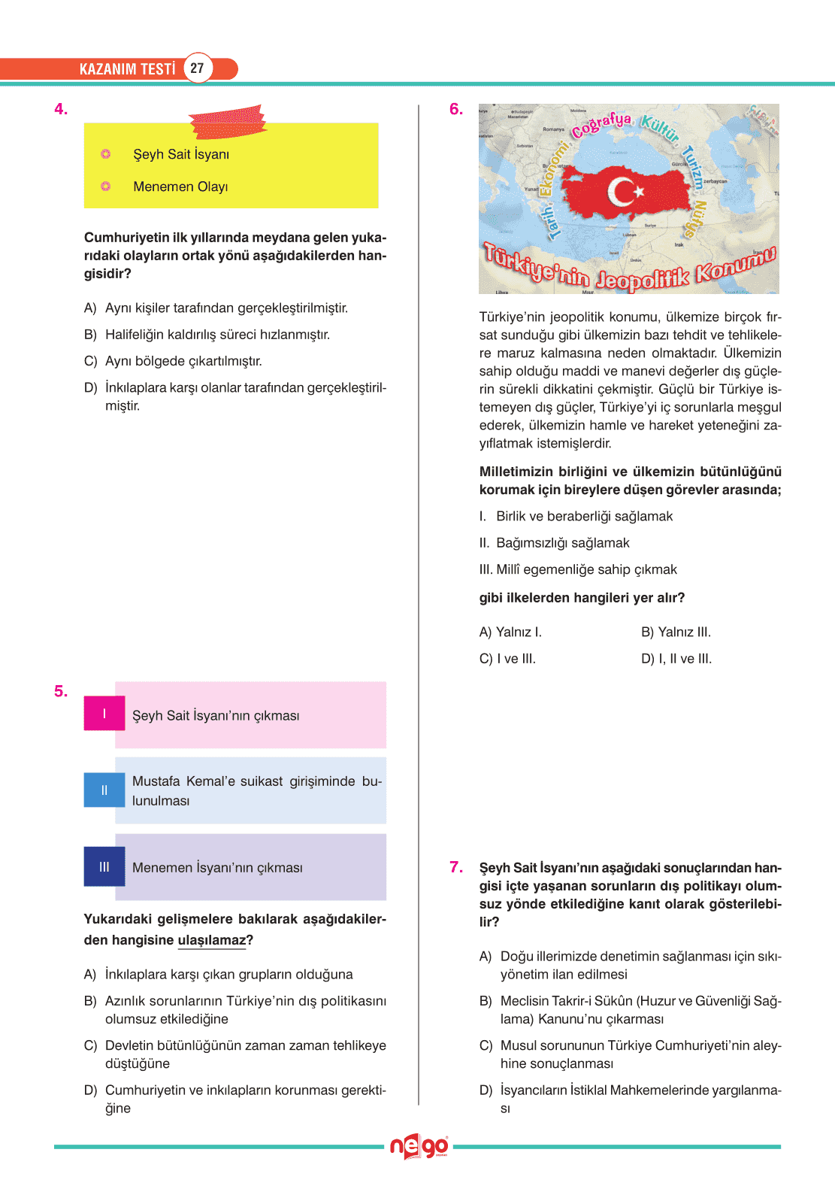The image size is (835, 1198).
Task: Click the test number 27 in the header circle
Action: (197, 68)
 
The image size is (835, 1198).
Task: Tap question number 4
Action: (61, 109)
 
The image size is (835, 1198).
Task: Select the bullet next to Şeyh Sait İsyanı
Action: (106, 154)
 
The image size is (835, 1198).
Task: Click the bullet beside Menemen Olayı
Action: (106, 187)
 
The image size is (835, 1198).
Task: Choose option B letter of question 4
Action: (90, 335)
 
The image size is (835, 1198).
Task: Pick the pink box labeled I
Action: (104, 714)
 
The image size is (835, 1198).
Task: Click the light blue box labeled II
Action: (104, 790)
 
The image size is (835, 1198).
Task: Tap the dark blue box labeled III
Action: (104, 867)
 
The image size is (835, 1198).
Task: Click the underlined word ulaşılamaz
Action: (212, 940)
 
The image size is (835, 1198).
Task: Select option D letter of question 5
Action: (90, 1090)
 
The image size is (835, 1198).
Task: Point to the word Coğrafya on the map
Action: (601, 125)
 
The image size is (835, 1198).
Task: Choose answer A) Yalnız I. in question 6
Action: (510, 632)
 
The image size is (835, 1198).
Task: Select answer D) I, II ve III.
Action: (676, 659)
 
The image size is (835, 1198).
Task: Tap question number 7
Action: (456, 867)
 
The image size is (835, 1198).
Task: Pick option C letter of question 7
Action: (486, 1046)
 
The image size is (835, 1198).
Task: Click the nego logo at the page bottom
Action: (419, 1147)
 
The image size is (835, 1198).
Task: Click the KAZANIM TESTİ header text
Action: (127, 69)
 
